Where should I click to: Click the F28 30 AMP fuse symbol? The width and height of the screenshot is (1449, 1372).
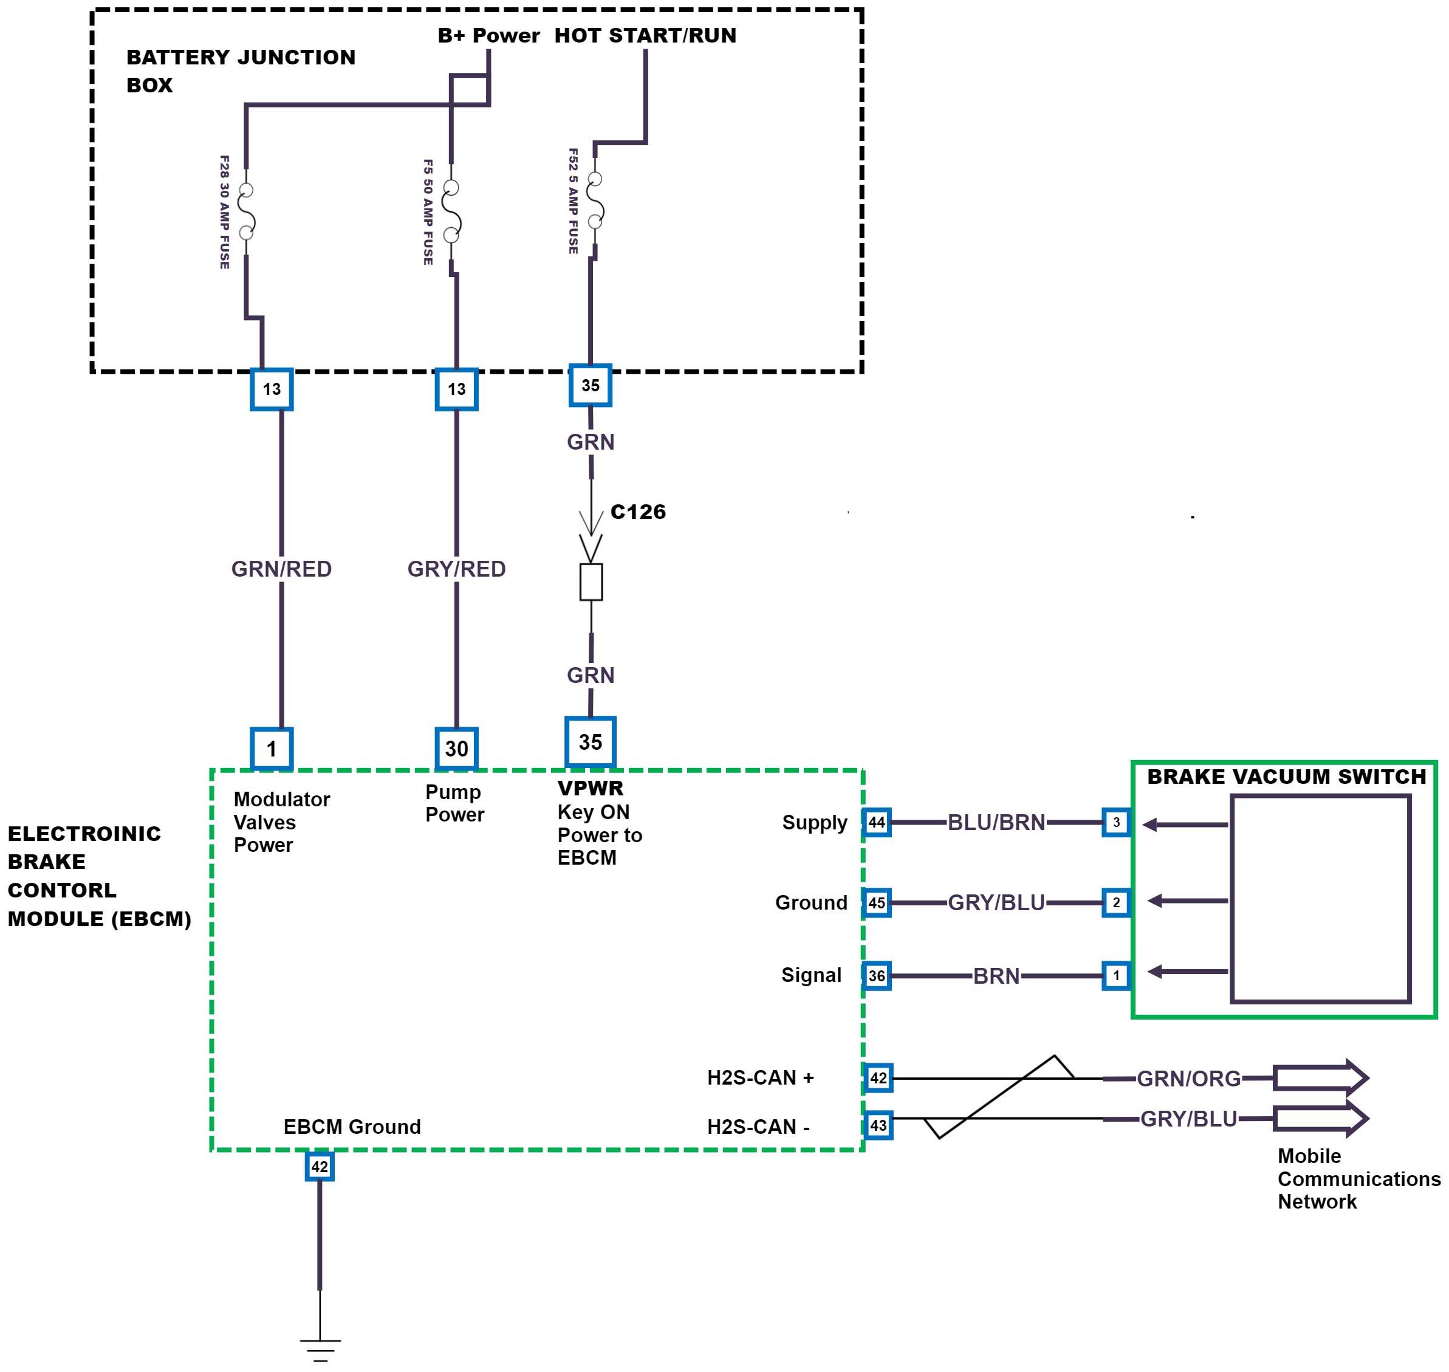(247, 211)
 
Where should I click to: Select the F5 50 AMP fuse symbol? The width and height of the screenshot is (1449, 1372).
(452, 211)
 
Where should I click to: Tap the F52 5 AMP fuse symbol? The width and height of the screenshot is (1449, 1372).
(595, 201)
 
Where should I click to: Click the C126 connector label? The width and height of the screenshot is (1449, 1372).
(637, 512)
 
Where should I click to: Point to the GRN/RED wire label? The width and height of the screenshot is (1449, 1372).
(281, 569)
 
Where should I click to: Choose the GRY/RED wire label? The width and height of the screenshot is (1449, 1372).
(456, 569)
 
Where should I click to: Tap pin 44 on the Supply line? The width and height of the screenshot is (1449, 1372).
(877, 823)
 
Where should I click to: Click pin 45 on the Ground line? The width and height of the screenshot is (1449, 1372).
(877, 902)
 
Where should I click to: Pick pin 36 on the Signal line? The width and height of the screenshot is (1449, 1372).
(877, 976)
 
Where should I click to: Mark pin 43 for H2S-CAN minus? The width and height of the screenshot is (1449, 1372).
(878, 1125)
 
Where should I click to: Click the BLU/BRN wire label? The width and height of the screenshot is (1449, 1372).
(996, 823)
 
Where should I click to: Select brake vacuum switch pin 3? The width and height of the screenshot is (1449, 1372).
(1115, 823)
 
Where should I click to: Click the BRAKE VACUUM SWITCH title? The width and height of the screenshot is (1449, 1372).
(1286, 777)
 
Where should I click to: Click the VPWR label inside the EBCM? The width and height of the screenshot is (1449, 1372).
(590, 789)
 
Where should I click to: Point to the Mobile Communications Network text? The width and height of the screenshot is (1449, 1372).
(1358, 1179)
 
